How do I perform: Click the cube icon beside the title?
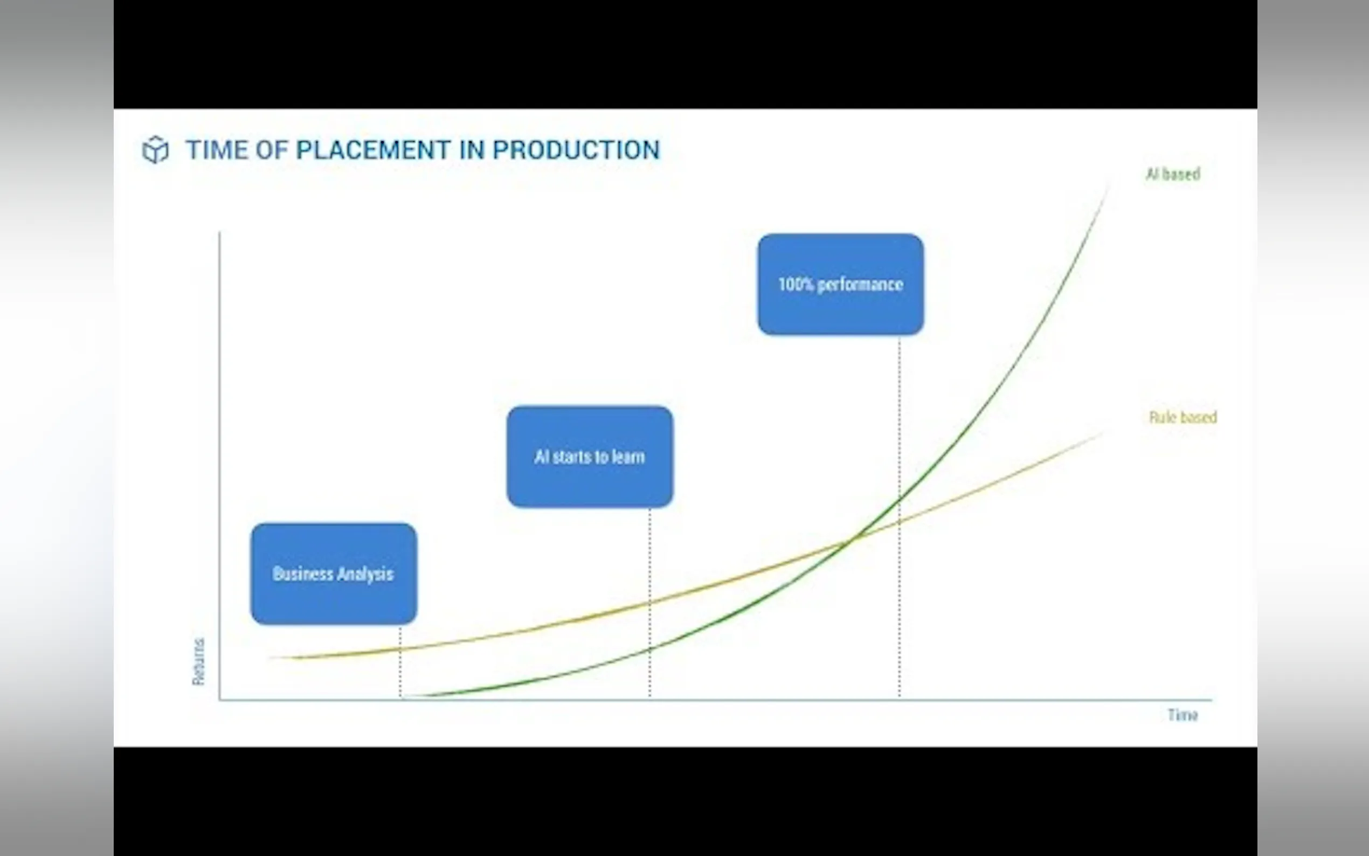(x=155, y=150)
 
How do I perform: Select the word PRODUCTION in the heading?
(x=576, y=150)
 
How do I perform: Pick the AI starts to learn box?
(x=590, y=457)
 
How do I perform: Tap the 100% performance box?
(x=841, y=284)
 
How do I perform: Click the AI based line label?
(x=1173, y=174)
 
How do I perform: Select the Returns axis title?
(x=199, y=662)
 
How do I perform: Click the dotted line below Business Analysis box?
(x=400, y=661)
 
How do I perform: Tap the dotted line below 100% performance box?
(x=899, y=516)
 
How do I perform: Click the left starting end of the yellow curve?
(x=269, y=658)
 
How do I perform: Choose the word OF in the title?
(x=272, y=150)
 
